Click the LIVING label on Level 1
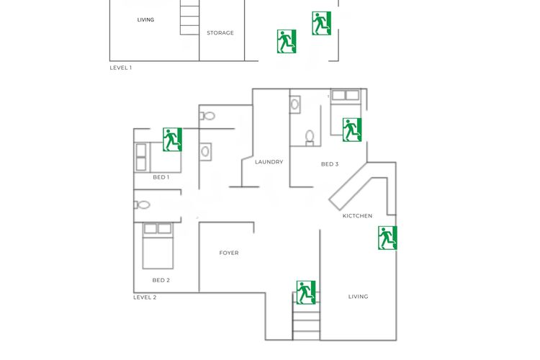click(x=145, y=19)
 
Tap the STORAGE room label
click(x=220, y=32)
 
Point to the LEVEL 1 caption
click(x=120, y=68)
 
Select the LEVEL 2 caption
click(x=145, y=297)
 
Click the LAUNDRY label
click(x=269, y=162)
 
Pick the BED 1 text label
click(x=161, y=177)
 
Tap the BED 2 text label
click(x=161, y=280)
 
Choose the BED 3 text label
click(x=330, y=164)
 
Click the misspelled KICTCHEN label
click(x=357, y=216)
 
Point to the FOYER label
click(x=229, y=253)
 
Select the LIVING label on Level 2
click(x=358, y=296)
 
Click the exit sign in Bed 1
click(x=172, y=140)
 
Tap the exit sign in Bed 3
click(x=352, y=130)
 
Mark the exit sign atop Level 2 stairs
click(x=306, y=292)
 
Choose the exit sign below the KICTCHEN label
click(x=387, y=238)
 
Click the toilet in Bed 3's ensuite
click(x=310, y=138)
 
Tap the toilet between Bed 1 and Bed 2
click(x=142, y=205)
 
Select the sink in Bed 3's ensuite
click(x=294, y=104)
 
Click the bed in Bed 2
click(x=158, y=246)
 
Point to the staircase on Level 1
click(x=189, y=17)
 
